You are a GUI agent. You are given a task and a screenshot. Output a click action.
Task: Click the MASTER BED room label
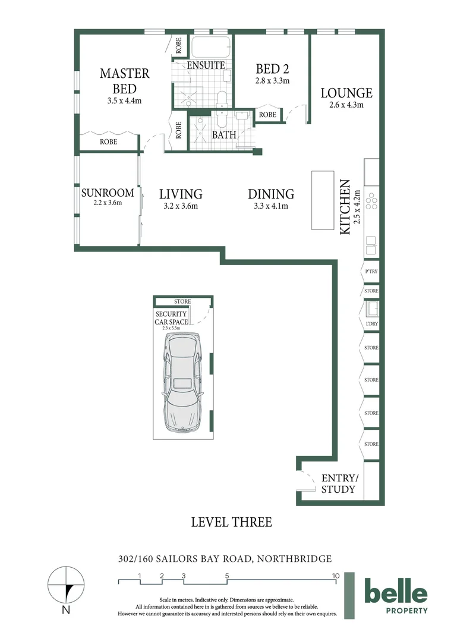(x=125, y=81)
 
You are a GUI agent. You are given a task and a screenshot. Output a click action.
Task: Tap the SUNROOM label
(x=108, y=193)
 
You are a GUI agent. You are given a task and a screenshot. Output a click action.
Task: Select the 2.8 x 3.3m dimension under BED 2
(x=272, y=81)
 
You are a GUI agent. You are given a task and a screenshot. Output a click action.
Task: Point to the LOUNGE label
(x=346, y=93)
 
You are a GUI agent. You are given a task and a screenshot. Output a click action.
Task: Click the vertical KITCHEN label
(x=345, y=207)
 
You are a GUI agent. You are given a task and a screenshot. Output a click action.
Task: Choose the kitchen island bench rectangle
(x=323, y=200)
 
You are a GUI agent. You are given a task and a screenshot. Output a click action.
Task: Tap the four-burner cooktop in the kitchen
(x=372, y=201)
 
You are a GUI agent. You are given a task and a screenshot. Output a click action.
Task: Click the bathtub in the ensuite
(x=211, y=47)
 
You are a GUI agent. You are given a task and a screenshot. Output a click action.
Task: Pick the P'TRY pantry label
(x=371, y=272)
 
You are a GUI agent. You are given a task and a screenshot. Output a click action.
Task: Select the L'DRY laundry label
(x=372, y=324)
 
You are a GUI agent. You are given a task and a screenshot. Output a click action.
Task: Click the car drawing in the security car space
(x=183, y=382)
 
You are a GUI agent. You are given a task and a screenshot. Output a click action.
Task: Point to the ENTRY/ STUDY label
(x=339, y=483)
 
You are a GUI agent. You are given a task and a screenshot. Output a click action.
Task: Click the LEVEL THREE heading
(x=232, y=522)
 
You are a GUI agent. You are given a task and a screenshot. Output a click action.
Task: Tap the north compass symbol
(x=66, y=586)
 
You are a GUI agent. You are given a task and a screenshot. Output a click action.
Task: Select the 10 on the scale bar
(x=336, y=575)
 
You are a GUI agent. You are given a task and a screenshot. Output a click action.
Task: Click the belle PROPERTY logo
(x=396, y=595)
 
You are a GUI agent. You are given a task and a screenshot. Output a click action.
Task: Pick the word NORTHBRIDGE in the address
(x=294, y=558)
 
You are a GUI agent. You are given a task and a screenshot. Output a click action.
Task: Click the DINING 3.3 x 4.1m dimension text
(x=271, y=206)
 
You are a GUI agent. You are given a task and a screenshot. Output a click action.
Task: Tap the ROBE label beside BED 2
(x=268, y=115)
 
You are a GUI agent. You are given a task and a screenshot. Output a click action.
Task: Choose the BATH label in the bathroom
(x=224, y=134)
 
